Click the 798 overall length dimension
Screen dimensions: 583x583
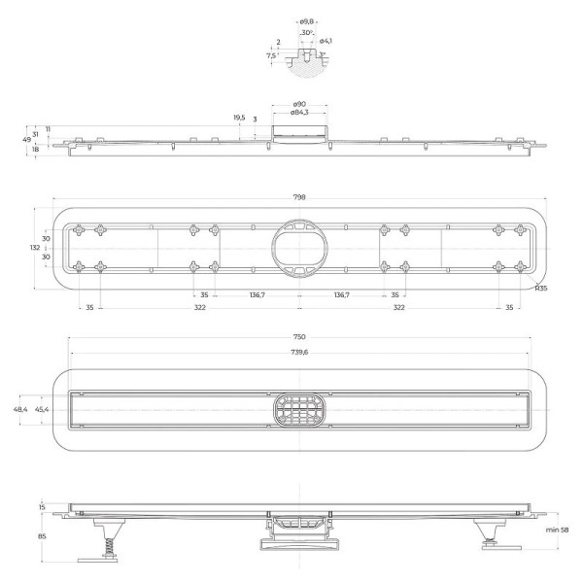[299, 197]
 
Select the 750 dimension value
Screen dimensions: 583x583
[299, 336]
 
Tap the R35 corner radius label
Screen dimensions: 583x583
[542, 289]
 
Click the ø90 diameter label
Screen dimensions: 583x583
[300, 104]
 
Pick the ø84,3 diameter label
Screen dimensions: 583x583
[300, 113]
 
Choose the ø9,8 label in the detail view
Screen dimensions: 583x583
[306, 19]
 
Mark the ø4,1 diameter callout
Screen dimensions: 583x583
[327, 40]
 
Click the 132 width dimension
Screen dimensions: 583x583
[35, 248]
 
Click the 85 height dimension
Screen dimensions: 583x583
[42, 534]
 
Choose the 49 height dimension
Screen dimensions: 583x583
[26, 140]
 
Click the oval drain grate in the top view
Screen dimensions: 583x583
[299, 410]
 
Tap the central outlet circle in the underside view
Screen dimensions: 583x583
[299, 247]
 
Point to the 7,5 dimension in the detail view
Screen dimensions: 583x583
[270, 55]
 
